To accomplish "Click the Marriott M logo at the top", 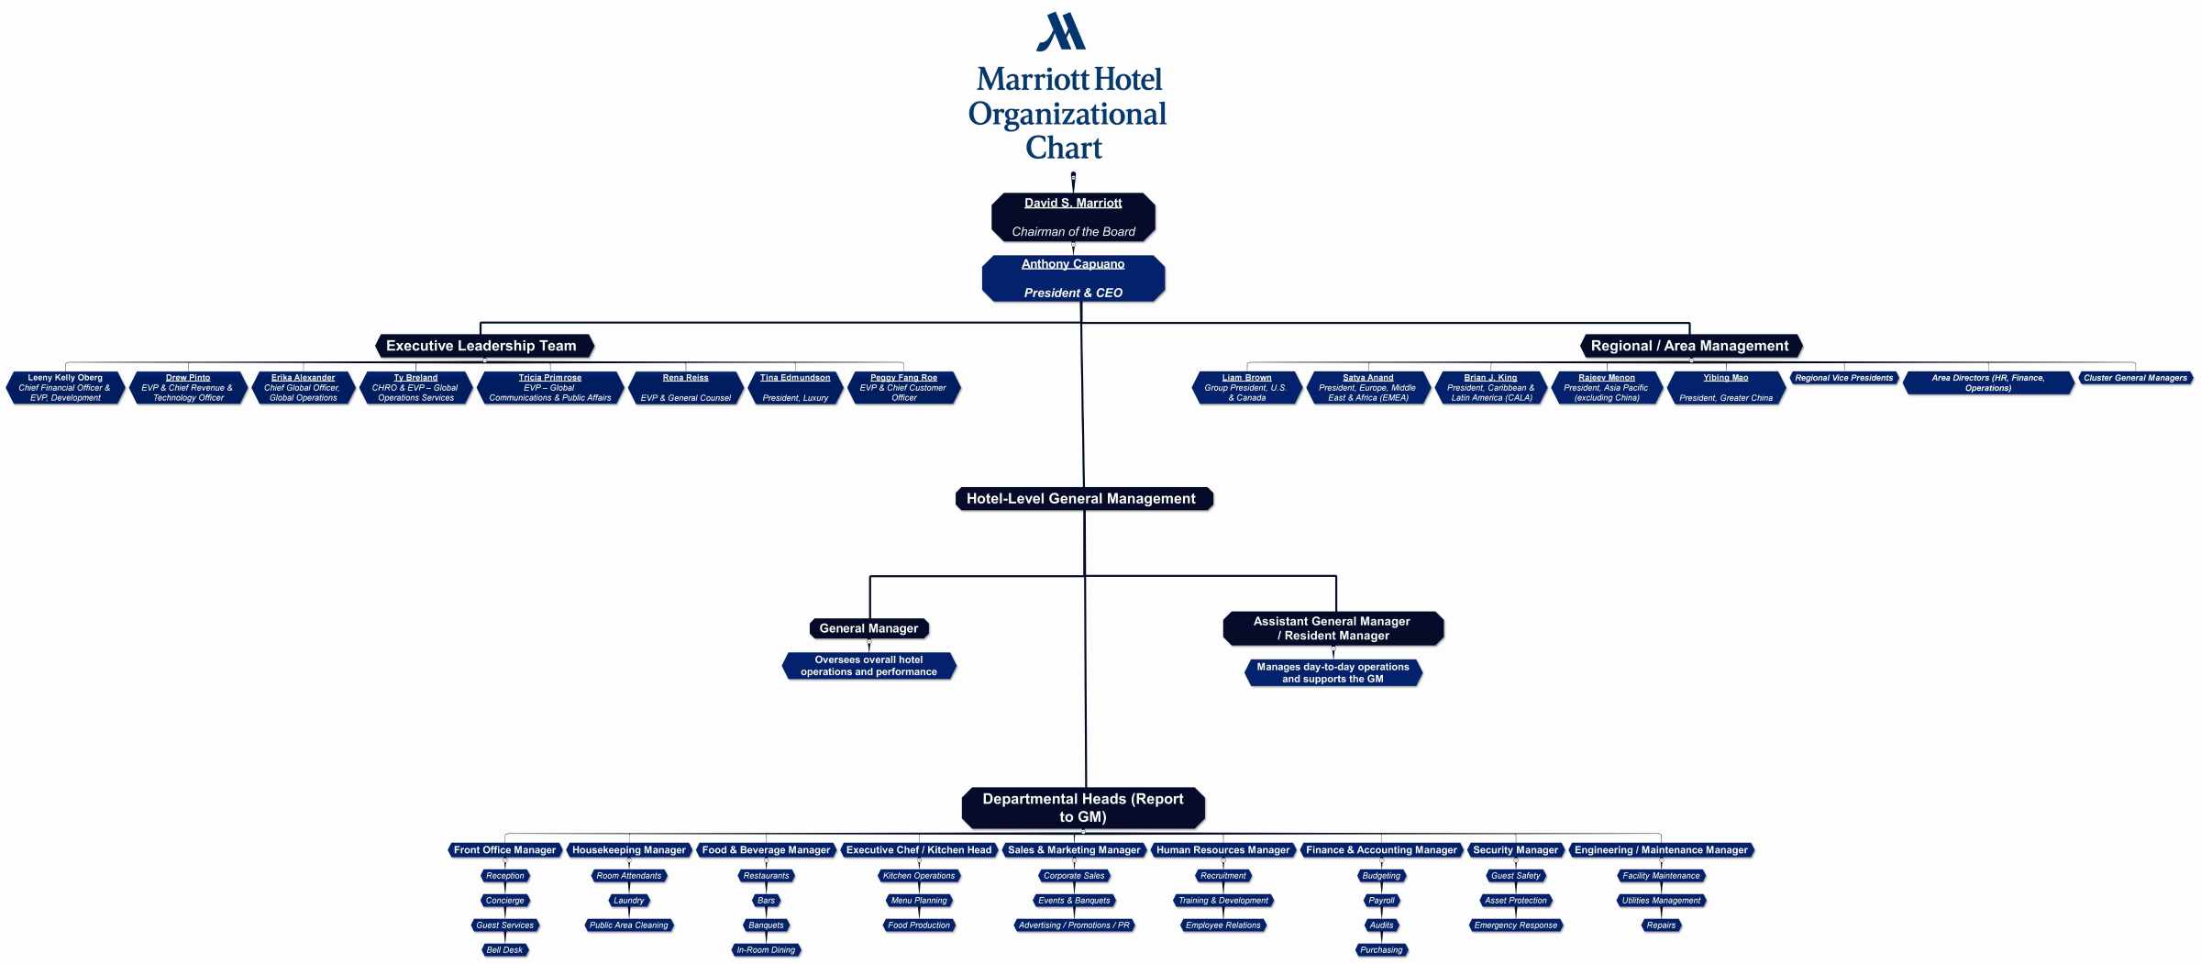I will [1061, 32].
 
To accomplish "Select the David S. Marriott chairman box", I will [1073, 217].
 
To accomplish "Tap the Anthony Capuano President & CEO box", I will [1073, 278].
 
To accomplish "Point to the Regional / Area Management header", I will [1690, 346].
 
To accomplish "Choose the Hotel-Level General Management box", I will [1082, 499].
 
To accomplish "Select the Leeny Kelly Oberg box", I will [65, 387].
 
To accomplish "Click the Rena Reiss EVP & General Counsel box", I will [685, 387].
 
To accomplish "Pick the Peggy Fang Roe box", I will [903, 387].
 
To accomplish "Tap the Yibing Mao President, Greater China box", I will [1725, 387].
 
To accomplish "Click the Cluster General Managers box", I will [2134, 378].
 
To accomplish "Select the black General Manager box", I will [868, 628].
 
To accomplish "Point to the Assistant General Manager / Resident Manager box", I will [1333, 628].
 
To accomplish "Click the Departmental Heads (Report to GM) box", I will [1082, 807].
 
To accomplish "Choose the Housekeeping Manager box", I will [629, 850].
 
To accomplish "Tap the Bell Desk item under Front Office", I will [504, 950].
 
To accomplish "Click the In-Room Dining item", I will [766, 950].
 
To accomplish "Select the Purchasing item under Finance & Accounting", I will [1381, 950].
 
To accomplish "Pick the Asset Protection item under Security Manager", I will [1515, 901].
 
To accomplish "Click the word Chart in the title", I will [1064, 148].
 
